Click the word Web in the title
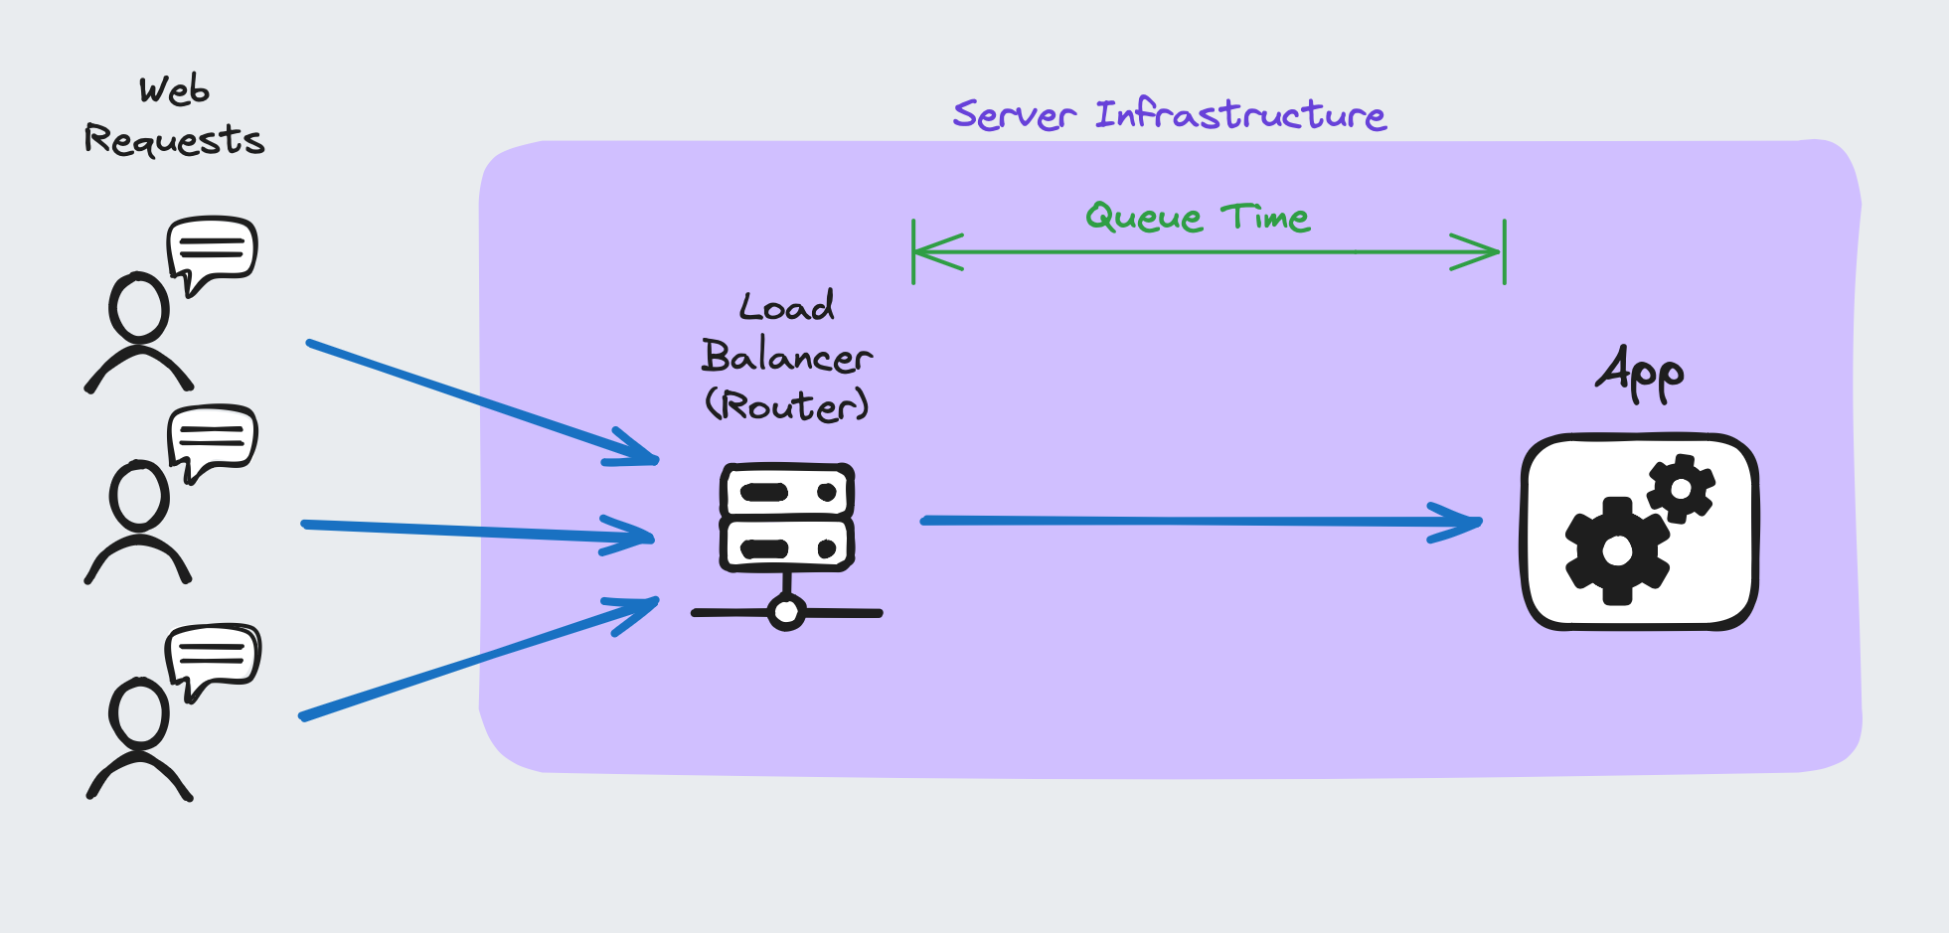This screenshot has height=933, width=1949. [x=174, y=90]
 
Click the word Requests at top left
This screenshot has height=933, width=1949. [x=174, y=140]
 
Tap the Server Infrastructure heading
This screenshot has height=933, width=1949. [x=1169, y=115]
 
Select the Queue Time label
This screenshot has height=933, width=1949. [x=1198, y=217]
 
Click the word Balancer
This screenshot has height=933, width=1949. [x=786, y=357]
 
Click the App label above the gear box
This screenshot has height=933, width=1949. [x=1640, y=374]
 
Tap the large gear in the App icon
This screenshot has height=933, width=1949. [x=1617, y=550]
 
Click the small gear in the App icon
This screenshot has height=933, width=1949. [x=1681, y=488]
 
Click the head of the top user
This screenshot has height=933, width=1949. [x=138, y=307]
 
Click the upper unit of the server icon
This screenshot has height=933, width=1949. [x=786, y=492]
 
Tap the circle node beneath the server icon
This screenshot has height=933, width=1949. [x=786, y=612]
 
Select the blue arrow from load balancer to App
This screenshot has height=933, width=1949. [x=1193, y=521]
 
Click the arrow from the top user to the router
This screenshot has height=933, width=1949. [x=477, y=400]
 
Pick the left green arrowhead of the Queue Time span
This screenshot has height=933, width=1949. [x=934, y=252]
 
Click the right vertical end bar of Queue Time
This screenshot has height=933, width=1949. [x=1505, y=252]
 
